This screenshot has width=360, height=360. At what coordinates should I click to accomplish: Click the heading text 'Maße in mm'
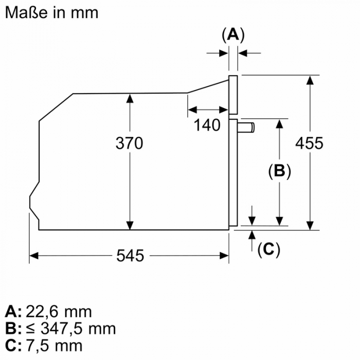51,12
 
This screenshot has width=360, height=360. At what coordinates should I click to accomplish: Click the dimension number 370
129,143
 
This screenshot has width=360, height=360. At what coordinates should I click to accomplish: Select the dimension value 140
207,125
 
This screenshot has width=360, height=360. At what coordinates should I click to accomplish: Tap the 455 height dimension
309,143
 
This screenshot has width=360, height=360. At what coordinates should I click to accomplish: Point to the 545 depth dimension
130,255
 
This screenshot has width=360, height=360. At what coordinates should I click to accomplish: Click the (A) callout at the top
233,35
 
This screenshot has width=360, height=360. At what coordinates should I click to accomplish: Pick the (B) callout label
279,171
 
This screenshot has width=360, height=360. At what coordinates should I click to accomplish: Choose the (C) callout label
268,249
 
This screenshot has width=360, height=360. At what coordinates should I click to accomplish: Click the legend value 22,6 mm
59,312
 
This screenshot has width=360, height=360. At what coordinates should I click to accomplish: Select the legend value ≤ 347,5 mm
71,329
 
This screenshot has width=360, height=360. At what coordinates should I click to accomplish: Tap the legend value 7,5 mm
54,345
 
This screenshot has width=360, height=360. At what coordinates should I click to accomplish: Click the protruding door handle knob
246,128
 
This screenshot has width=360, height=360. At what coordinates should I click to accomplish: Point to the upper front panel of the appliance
233,95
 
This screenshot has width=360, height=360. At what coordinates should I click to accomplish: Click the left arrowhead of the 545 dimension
34,256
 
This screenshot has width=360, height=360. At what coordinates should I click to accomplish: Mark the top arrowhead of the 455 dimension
310,80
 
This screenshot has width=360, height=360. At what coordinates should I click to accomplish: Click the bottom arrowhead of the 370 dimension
130,225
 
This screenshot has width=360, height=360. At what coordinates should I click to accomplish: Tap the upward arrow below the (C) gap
252,241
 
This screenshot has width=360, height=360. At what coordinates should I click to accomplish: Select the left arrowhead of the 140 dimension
192,110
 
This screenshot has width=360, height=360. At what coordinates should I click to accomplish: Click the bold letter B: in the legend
13,329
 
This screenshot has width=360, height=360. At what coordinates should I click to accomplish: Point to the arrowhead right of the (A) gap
243,53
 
